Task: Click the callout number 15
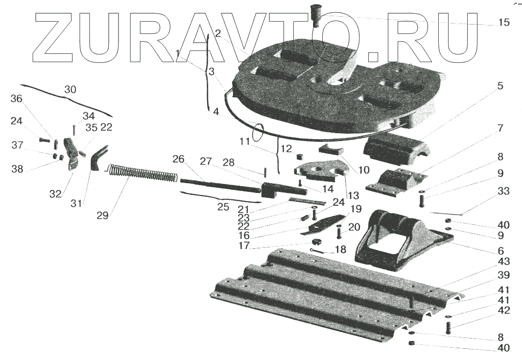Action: pos(503,23)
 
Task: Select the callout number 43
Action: pos(503,262)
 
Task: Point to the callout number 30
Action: pos(71,90)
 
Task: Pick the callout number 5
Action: pos(500,86)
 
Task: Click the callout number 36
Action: pos(17,98)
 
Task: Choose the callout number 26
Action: pos(179,159)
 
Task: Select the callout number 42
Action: pos(503,310)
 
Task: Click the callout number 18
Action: pos(339,249)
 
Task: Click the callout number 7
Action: pos(500,128)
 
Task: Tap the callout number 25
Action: pos(223,207)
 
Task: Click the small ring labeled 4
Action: pos(259,131)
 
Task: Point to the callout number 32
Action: pos(55,194)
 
